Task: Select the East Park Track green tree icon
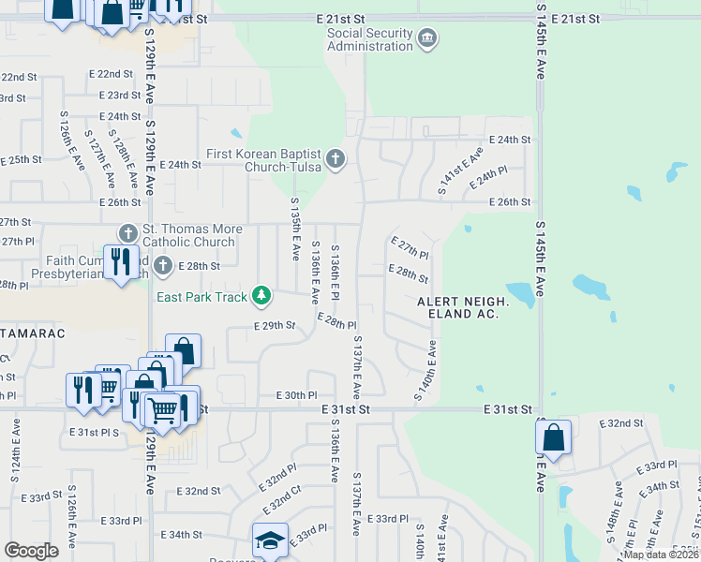(x=261, y=297)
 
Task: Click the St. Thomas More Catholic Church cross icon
(x=127, y=231)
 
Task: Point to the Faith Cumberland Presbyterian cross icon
(x=162, y=266)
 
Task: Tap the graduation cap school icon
(x=269, y=540)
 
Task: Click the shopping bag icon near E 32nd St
(x=553, y=437)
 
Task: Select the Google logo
(x=32, y=551)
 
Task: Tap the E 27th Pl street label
(x=409, y=248)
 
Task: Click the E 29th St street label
(x=275, y=326)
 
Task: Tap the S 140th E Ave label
(x=425, y=372)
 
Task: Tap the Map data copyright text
(x=660, y=555)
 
